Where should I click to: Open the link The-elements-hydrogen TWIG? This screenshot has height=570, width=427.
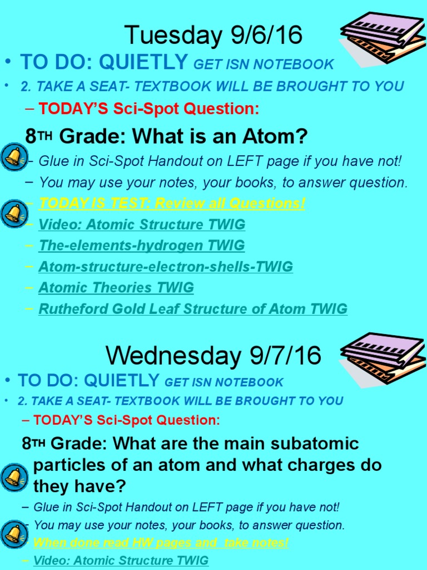[141, 245]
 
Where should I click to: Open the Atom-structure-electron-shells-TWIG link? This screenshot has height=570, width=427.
[165, 267]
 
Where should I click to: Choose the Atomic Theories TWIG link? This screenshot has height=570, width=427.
[116, 288]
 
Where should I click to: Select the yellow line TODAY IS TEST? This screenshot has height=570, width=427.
[171, 203]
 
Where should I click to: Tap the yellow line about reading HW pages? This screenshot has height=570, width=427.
[161, 542]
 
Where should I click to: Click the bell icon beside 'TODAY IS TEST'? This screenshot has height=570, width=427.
[13, 213]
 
